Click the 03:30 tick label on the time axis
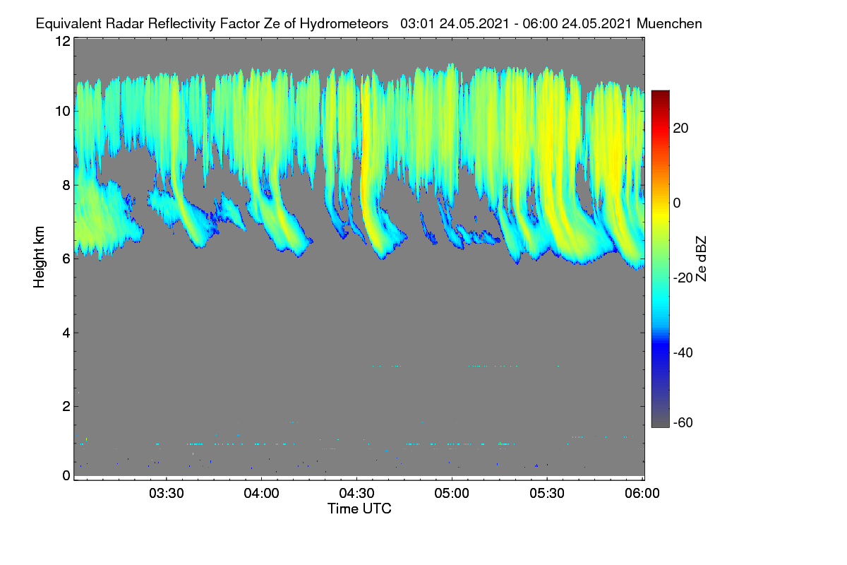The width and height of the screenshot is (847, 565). (167, 494)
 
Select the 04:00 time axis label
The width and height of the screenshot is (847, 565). (261, 494)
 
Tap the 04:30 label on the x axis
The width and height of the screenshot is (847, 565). (356, 494)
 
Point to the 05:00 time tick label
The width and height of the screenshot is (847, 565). (452, 494)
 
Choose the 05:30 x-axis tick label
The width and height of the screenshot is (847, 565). (547, 494)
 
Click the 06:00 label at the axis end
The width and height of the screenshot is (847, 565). (642, 494)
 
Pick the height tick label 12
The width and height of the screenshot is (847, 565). (63, 41)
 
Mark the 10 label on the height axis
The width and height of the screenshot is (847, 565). (63, 112)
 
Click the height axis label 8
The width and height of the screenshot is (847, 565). (66, 186)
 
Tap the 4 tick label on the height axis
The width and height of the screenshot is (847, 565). (66, 333)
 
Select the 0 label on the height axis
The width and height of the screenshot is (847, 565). (66, 476)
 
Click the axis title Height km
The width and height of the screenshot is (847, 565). (39, 257)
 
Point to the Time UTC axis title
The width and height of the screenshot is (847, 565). (359, 509)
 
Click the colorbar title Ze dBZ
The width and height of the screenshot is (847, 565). (701, 259)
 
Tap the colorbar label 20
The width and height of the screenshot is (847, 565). (680, 129)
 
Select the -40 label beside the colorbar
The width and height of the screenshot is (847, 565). (683, 352)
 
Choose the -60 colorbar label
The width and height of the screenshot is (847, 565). (683, 423)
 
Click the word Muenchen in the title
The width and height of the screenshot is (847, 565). (669, 24)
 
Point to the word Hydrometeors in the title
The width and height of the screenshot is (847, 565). (344, 24)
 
